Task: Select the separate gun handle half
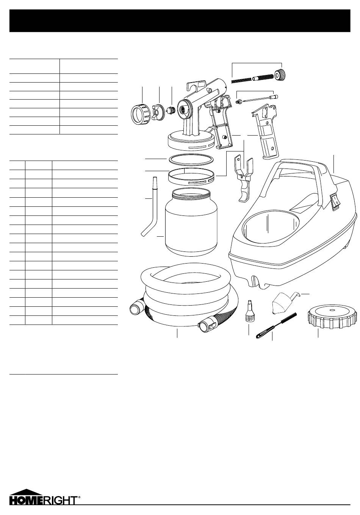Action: [266, 132]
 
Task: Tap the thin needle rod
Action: [258, 98]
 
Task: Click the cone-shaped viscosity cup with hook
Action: [283, 303]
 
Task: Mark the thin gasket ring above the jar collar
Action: [191, 159]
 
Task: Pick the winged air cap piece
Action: [158, 112]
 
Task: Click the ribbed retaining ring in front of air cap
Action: [141, 114]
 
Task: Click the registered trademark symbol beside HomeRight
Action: [79, 495]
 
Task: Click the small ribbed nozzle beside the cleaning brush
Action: [249, 311]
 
